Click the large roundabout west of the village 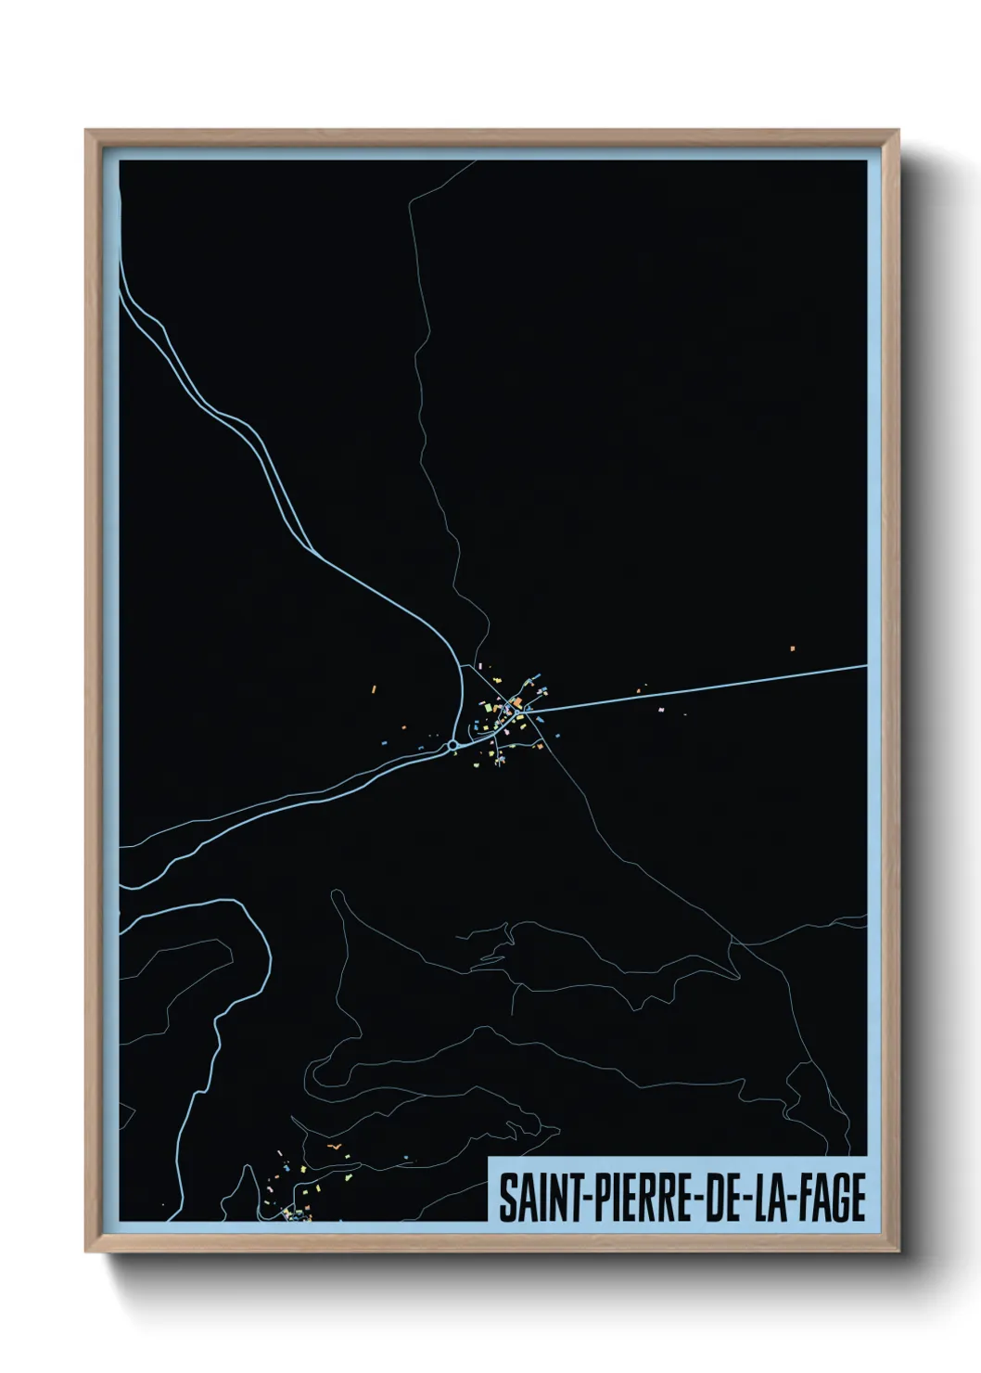pyautogui.click(x=452, y=745)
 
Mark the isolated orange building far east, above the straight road pyautogui.click(x=793, y=648)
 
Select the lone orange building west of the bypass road pyautogui.click(x=373, y=689)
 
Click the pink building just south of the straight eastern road pyautogui.click(x=660, y=710)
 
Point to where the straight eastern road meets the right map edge pyautogui.click(x=865, y=665)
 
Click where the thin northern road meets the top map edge pyautogui.click(x=476, y=161)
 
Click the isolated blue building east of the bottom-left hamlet pyautogui.click(x=406, y=1157)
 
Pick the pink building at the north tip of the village pyautogui.click(x=479, y=665)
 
